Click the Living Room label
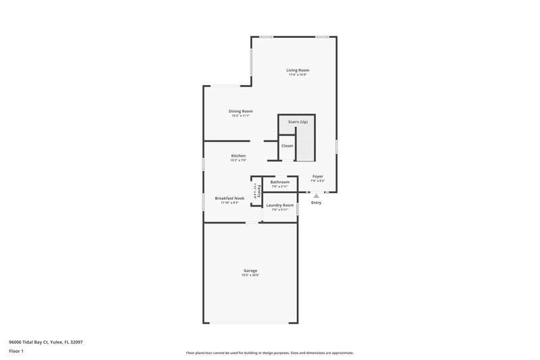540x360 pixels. pos(298,70)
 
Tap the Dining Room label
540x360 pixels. pos(240,111)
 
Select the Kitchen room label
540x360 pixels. pos(238,156)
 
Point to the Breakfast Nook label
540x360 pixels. pos(229,199)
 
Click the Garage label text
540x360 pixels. pos(250,271)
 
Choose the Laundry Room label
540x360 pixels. pos(279,205)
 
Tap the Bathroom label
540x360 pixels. pos(279,182)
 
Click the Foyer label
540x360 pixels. pos(317,177)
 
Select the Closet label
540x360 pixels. pos(288,146)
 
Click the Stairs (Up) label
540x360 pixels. pos(298,122)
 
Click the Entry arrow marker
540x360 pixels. pos(316,196)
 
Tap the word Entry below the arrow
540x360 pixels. pos(316,203)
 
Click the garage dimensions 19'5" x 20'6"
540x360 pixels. pos(250,276)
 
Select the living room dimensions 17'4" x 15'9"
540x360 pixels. pos(298,75)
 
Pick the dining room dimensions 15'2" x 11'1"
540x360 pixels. pos(240,116)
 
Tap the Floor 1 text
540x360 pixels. pos(17,351)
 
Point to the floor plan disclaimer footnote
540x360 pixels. pos(269,353)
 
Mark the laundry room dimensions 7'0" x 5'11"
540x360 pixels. pos(279,210)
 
